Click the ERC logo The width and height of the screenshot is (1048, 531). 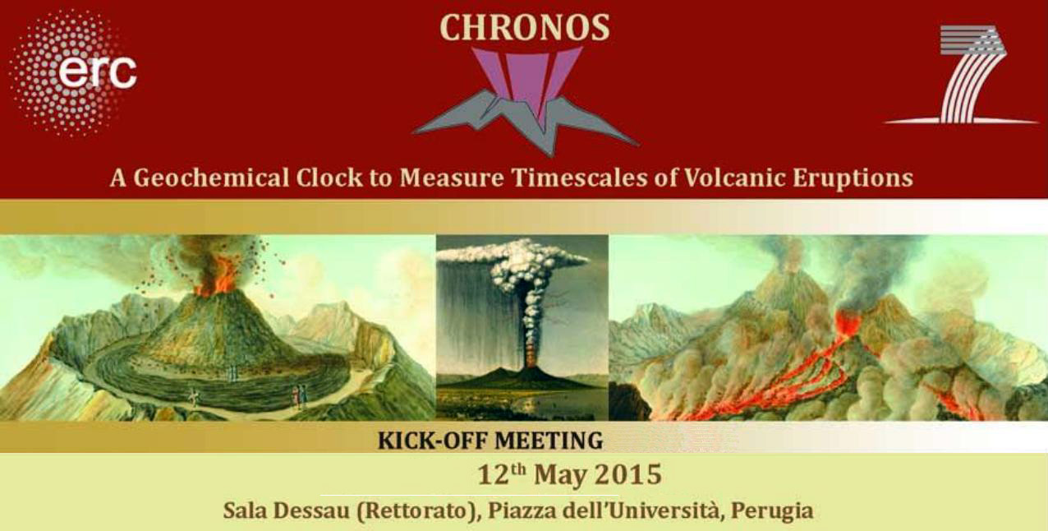[x=73, y=73]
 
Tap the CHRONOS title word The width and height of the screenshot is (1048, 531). [x=525, y=28]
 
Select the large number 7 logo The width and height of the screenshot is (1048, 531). [x=963, y=74]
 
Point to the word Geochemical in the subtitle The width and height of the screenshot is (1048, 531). [x=211, y=178]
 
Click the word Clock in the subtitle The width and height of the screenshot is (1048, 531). [x=329, y=178]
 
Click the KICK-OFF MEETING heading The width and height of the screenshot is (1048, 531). [x=490, y=440]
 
